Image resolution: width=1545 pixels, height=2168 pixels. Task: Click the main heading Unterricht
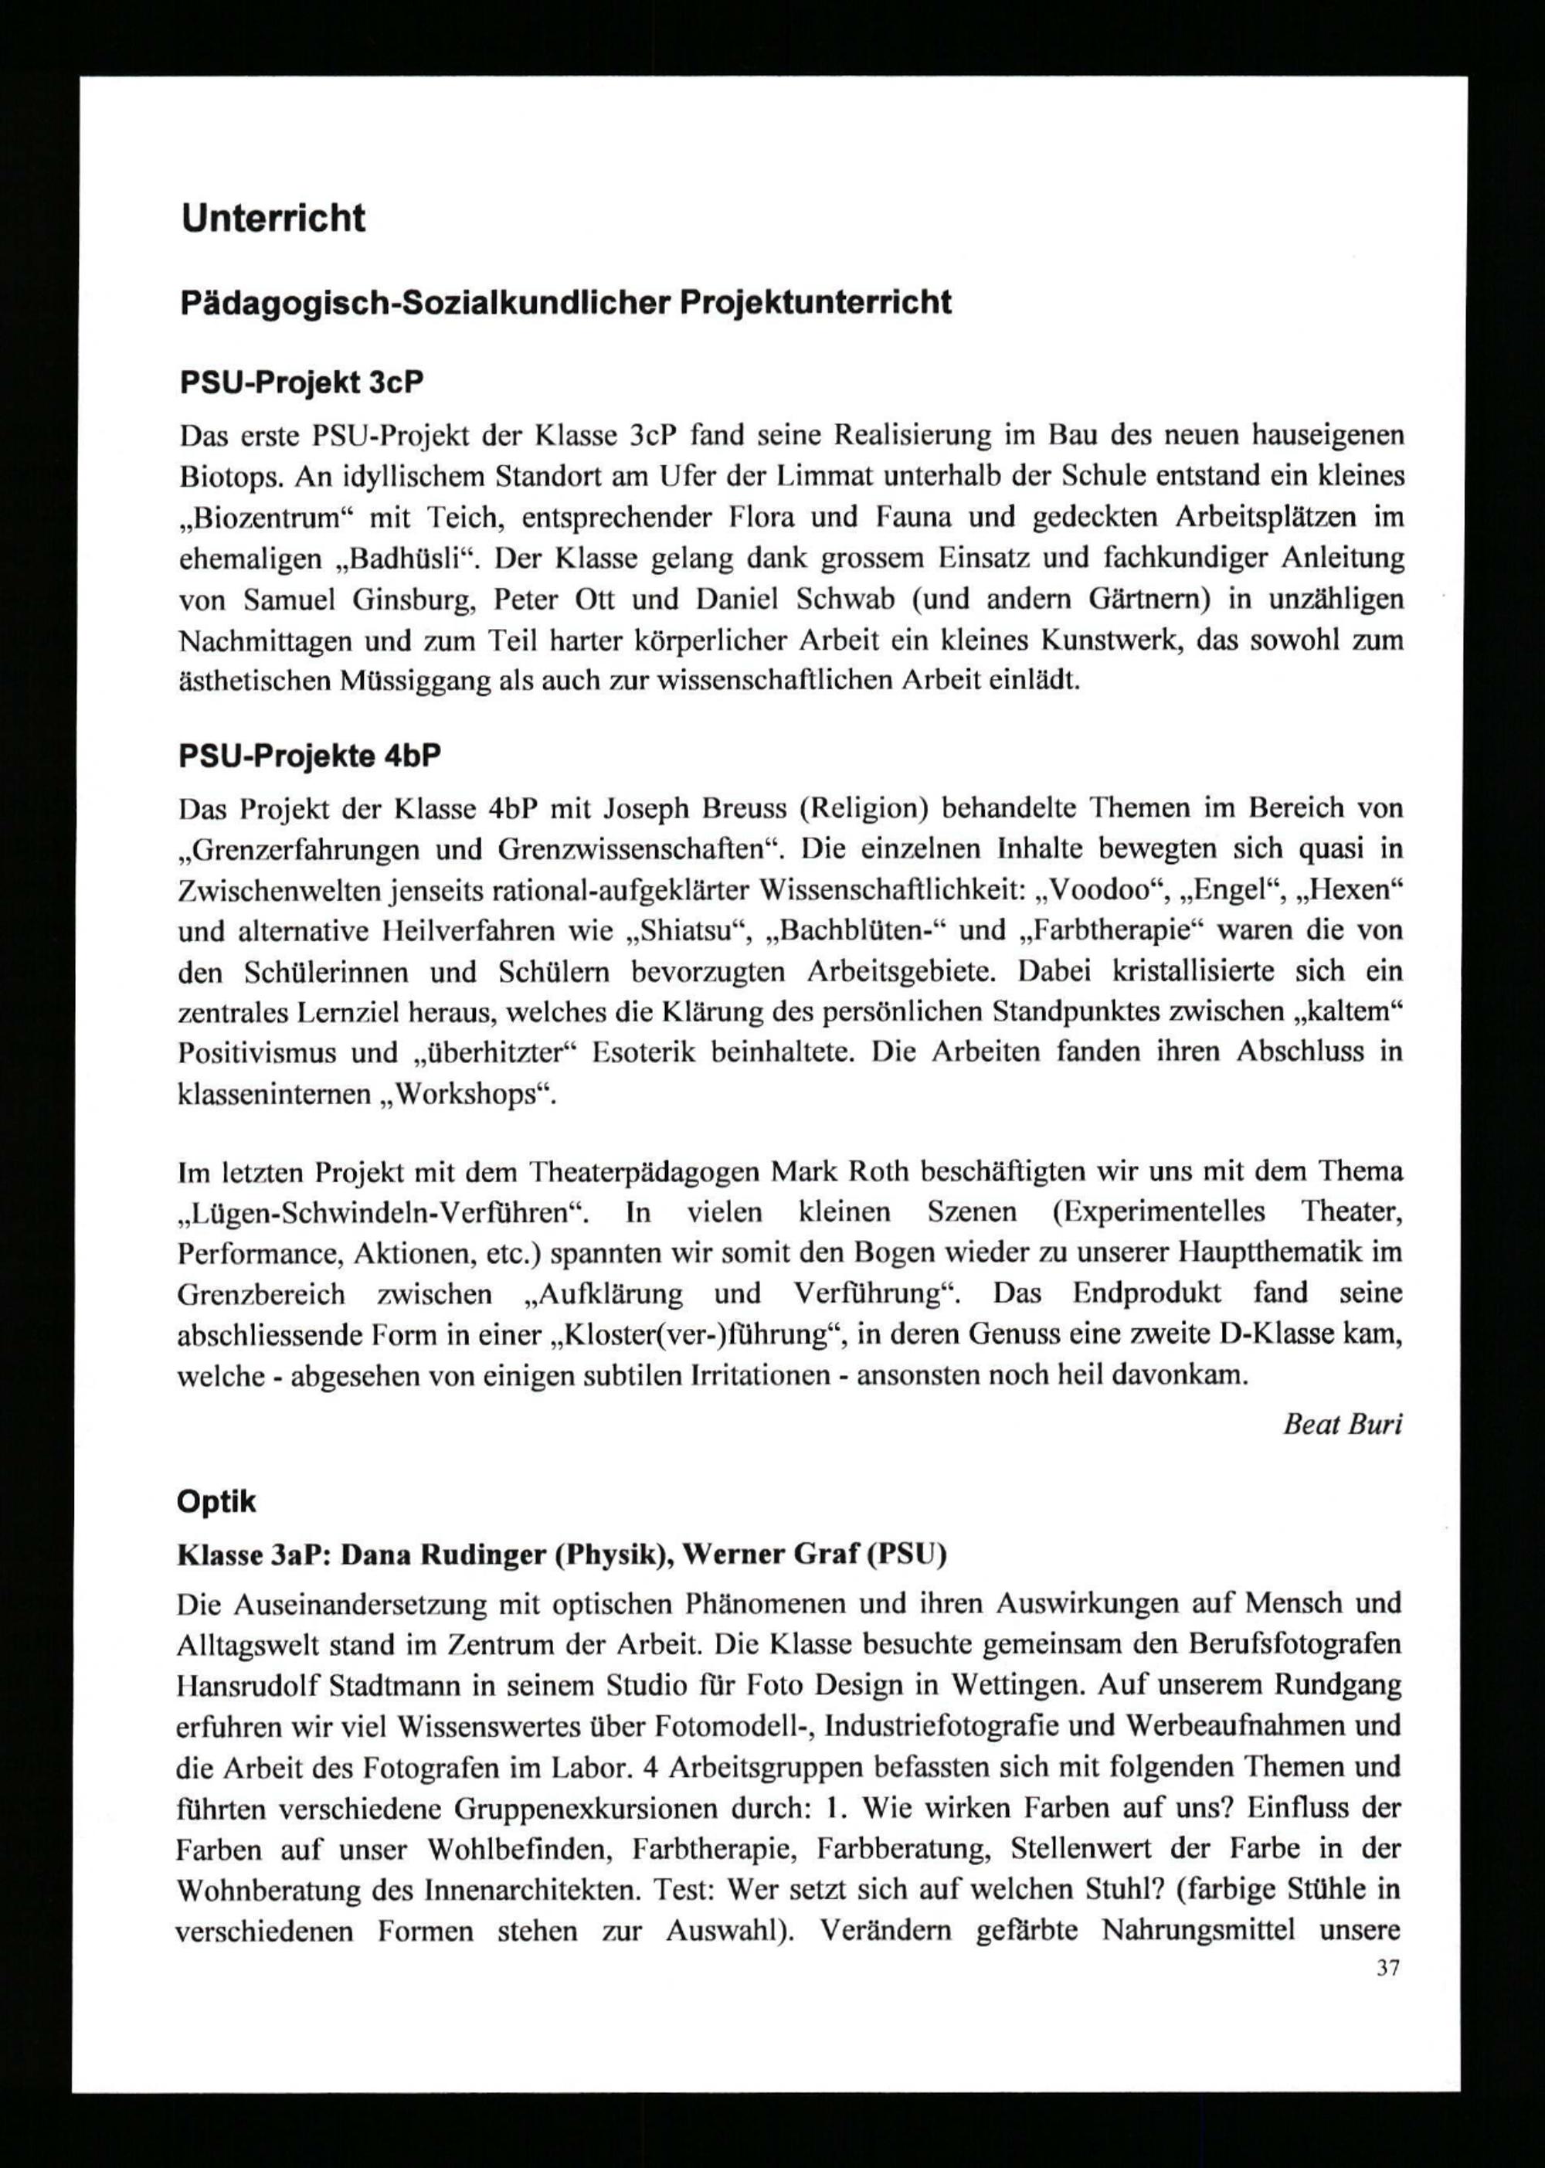pos(273,219)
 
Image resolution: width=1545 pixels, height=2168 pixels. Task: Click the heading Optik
pos(217,1501)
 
